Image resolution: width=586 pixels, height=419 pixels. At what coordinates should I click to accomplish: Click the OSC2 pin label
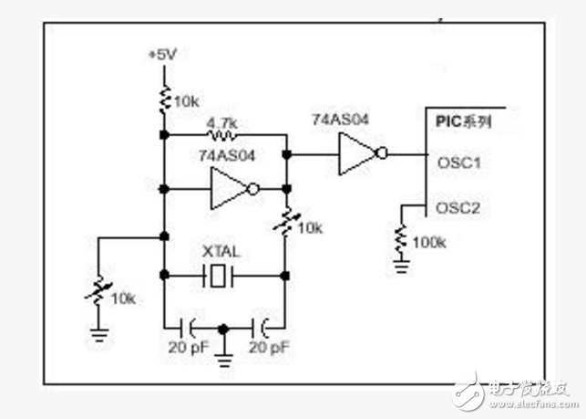(459, 208)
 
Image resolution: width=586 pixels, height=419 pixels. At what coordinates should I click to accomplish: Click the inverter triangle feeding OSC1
(355, 154)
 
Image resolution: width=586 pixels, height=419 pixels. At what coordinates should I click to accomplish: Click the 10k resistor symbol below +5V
(164, 100)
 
